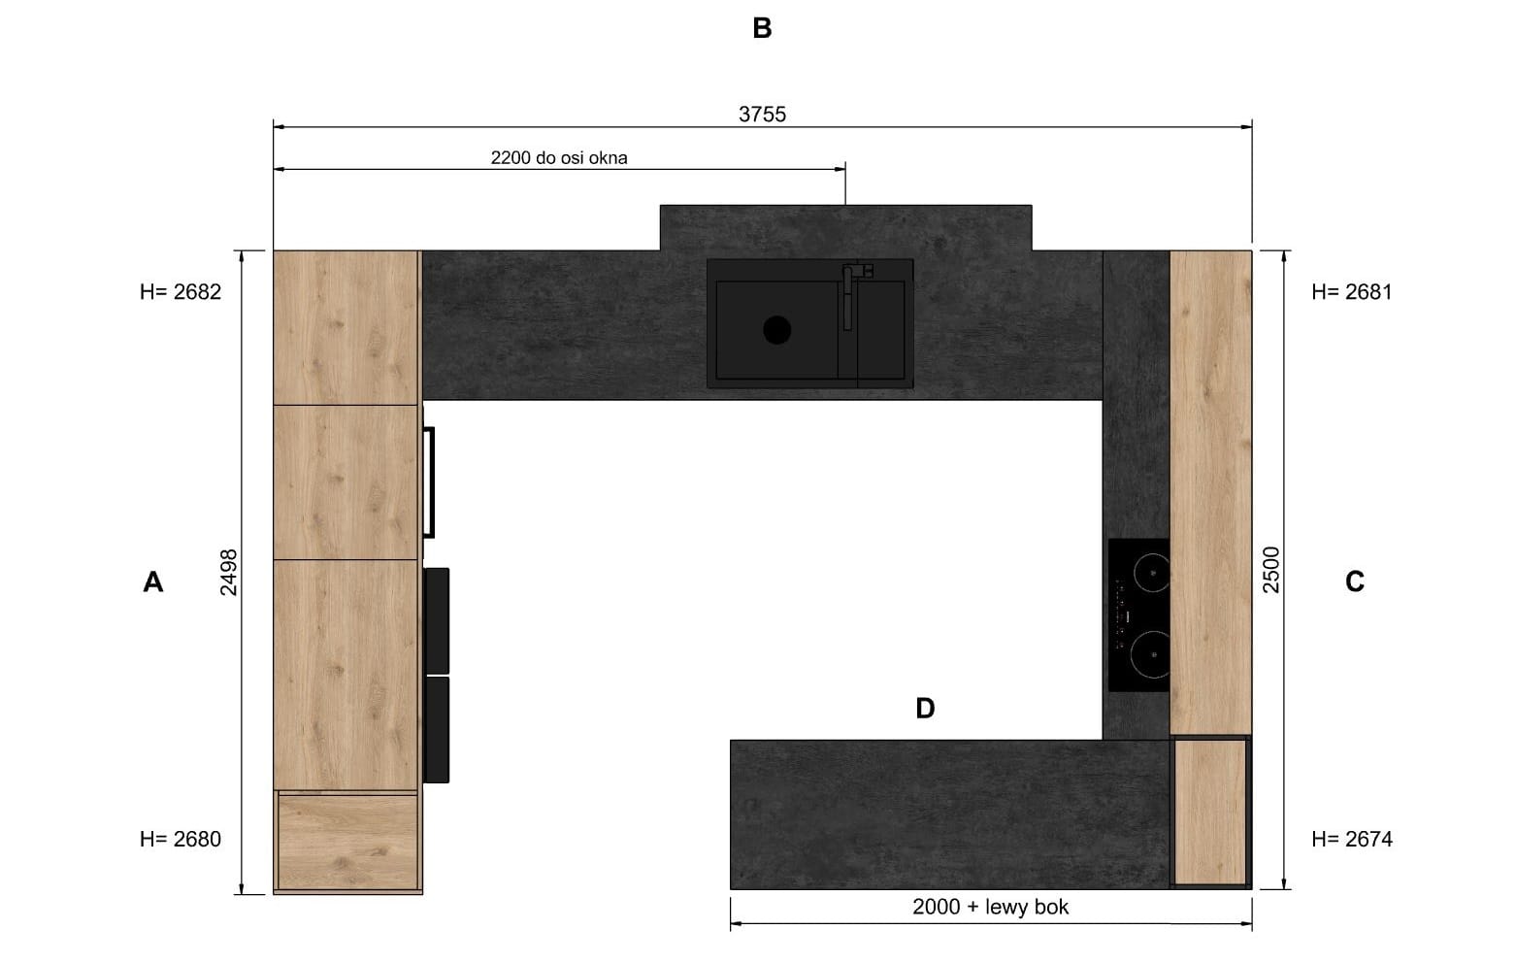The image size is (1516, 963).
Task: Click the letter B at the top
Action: [762, 28]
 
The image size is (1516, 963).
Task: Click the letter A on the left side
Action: [153, 582]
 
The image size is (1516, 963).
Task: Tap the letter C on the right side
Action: [1354, 582]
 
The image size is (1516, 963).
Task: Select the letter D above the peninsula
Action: [925, 709]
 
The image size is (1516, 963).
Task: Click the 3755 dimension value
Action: [762, 115]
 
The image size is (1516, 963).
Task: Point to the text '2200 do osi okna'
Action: [559, 157]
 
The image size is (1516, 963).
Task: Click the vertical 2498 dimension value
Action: [229, 573]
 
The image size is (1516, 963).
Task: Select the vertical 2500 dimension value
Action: [1271, 570]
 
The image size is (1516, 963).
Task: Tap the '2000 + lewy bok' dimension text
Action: [990, 907]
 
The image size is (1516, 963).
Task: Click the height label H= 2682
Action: [181, 291]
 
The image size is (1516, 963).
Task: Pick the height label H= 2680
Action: [181, 839]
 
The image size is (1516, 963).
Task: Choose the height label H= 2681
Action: [1352, 291]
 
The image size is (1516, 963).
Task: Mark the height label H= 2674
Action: [1352, 839]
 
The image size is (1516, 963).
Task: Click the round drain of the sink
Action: [777, 330]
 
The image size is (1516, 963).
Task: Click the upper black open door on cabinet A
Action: [437, 621]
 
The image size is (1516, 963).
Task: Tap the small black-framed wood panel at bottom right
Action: [1211, 813]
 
